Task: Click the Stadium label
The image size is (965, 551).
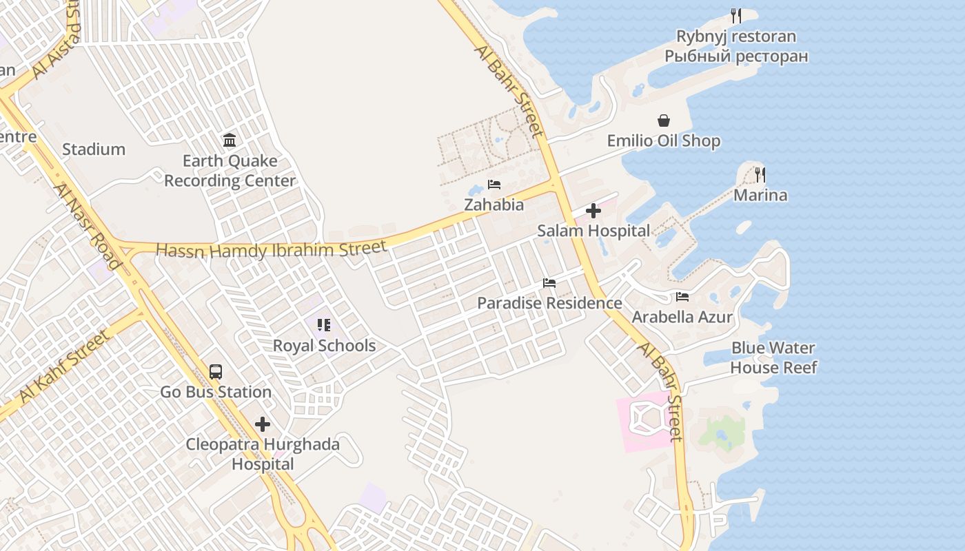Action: [x=94, y=149]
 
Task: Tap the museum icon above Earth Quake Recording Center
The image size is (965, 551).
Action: [x=230, y=141]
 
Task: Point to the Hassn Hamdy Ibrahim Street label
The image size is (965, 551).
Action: [x=272, y=249]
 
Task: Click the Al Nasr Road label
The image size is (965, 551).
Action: [x=88, y=225]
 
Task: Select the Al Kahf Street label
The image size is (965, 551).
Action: [x=64, y=366]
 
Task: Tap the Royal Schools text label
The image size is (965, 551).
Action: [x=324, y=346]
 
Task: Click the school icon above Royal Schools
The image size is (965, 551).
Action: [x=324, y=325]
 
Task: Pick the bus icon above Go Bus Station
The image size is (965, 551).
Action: [x=216, y=372]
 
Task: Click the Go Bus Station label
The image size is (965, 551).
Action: [x=216, y=392]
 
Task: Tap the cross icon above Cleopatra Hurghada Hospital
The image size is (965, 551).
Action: [x=263, y=424]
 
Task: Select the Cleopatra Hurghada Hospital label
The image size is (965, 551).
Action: [x=263, y=454]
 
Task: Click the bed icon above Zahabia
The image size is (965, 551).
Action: [x=494, y=185]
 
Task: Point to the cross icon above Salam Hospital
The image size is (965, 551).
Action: [x=593, y=211]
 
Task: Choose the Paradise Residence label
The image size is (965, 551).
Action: [x=549, y=303]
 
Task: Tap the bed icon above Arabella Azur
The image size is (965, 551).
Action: [x=682, y=297]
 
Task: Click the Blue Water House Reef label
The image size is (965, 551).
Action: [x=773, y=357]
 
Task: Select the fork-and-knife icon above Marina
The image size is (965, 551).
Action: [x=760, y=174]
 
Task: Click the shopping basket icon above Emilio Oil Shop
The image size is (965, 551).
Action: [x=664, y=121]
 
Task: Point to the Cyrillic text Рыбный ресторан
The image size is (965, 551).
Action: [x=736, y=56]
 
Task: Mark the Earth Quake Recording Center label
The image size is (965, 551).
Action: [x=230, y=171]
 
